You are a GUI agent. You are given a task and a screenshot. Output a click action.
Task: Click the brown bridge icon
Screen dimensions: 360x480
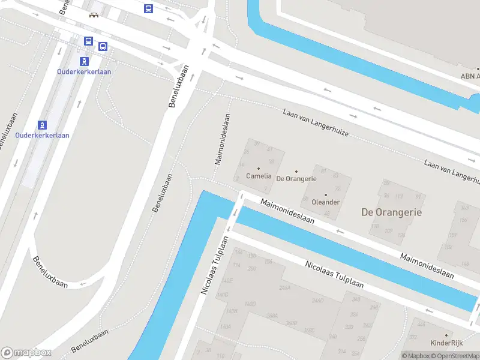coord(94,14)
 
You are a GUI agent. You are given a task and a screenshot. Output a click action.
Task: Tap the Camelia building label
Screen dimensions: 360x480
coord(259,176)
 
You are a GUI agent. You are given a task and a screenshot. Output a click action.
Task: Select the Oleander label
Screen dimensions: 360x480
coord(326,202)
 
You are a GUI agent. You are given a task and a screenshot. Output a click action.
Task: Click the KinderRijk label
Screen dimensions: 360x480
coord(446,343)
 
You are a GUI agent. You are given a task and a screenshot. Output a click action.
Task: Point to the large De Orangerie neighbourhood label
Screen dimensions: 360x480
coord(391,212)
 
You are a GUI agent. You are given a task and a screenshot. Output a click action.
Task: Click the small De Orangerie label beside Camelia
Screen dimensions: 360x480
coord(296,179)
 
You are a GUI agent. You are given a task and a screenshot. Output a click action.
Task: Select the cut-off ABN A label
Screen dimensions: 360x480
coord(470,76)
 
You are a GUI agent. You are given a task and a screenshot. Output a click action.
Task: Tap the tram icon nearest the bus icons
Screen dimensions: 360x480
coord(84,61)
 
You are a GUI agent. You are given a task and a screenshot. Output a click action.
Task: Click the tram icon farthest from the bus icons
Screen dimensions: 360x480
coord(42,125)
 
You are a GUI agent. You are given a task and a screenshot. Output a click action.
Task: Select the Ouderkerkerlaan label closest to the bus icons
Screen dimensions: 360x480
coord(84,71)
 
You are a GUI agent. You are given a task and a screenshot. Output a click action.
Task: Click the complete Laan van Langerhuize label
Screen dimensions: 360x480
coord(316,122)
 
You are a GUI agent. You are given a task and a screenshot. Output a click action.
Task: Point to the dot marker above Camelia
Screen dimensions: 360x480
coord(259,169)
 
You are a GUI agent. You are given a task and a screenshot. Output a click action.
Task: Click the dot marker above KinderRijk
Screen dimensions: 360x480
coord(446,335)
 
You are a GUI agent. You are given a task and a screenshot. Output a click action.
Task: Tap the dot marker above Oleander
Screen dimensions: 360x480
coord(326,194)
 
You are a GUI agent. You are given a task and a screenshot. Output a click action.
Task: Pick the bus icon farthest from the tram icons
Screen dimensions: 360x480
coord(148,8)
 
